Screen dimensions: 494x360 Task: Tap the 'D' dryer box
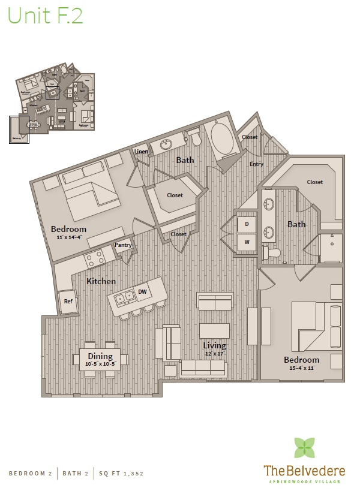point(246,225)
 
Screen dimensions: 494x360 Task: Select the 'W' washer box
point(246,243)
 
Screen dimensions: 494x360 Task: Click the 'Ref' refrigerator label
point(68,301)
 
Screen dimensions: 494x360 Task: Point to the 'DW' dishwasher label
point(142,292)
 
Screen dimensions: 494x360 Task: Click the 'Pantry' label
point(123,245)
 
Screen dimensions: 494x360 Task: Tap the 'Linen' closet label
point(141,152)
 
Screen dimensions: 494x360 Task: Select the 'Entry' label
point(256,164)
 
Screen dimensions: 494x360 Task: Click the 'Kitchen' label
point(101,281)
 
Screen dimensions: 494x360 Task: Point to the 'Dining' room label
point(100,356)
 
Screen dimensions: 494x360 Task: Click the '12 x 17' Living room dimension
point(214,354)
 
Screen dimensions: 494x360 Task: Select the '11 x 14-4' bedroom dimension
point(68,237)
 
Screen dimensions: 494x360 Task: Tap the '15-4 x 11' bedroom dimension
point(302,368)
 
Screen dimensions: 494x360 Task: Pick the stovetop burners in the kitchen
point(95,260)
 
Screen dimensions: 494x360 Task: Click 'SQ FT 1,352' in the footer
point(122,474)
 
